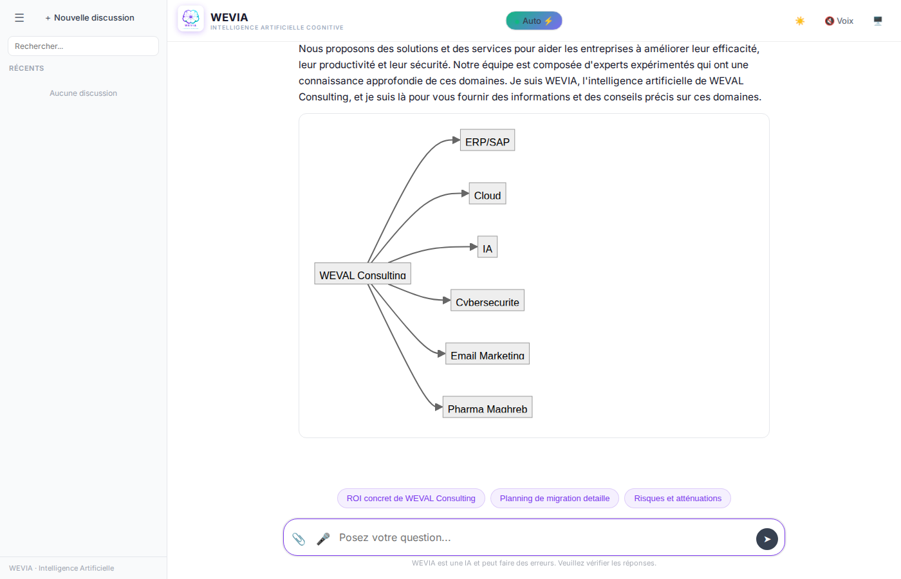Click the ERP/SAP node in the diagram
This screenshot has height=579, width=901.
pyautogui.click(x=487, y=141)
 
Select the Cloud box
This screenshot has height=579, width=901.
pyautogui.click(x=487, y=194)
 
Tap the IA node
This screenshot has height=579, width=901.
pyautogui.click(x=487, y=248)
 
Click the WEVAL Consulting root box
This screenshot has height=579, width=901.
pyautogui.click(x=362, y=274)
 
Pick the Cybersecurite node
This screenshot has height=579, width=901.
pyautogui.click(x=487, y=301)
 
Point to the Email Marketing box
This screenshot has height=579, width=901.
pyautogui.click(x=487, y=354)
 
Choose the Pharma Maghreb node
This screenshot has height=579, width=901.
pyautogui.click(x=487, y=408)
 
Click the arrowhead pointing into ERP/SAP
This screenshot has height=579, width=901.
pyautogui.click(x=456, y=140)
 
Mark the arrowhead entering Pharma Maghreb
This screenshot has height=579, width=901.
pyautogui.click(x=439, y=407)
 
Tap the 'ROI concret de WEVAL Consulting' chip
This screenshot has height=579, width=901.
pyautogui.click(x=411, y=499)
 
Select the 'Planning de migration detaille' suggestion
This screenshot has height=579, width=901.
pyautogui.click(x=554, y=499)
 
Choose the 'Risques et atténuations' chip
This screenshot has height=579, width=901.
pyautogui.click(x=677, y=499)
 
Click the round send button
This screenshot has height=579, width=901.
pyautogui.click(x=766, y=539)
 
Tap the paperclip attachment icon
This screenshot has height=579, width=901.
pyautogui.click(x=299, y=538)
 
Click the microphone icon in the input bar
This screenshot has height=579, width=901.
pyautogui.click(x=323, y=538)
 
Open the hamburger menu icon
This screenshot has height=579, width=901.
pyautogui.click(x=19, y=18)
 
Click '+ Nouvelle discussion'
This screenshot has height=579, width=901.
pyautogui.click(x=89, y=18)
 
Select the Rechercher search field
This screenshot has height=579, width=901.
pyautogui.click(x=83, y=46)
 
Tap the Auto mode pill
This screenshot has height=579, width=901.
pyautogui.click(x=534, y=21)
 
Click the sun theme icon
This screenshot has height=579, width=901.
pyautogui.click(x=800, y=21)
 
